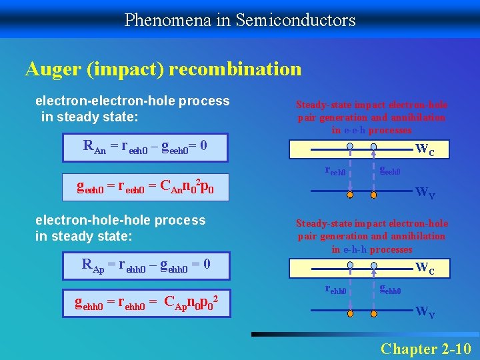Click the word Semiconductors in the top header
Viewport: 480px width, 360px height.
(295, 20)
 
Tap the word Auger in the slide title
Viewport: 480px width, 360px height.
(54, 69)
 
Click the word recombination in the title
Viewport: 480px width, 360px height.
(235, 69)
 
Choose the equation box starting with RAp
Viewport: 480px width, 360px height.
(146, 265)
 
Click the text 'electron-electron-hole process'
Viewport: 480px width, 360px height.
(132, 101)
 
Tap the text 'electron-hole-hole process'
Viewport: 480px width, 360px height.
(121, 220)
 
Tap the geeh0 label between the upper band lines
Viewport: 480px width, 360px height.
(389, 171)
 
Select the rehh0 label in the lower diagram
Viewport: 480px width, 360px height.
(335, 290)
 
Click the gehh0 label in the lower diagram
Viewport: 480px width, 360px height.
(389, 290)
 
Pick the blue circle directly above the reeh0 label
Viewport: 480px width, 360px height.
(350, 147)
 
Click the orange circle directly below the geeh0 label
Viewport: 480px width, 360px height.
(374, 195)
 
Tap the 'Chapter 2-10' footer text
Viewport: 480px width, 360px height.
(425, 349)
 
